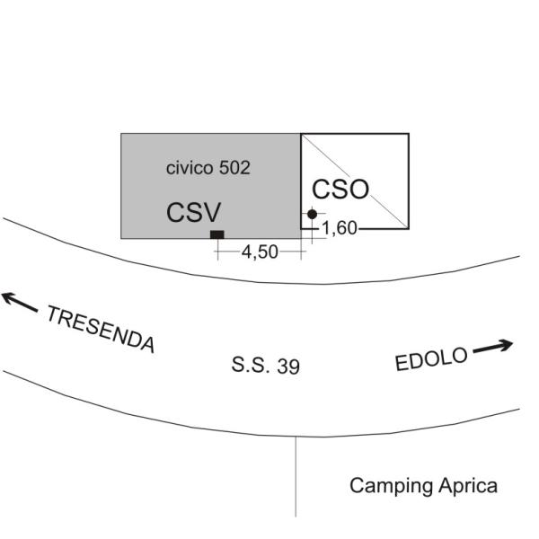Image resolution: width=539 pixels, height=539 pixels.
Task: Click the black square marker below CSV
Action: pos(217,234)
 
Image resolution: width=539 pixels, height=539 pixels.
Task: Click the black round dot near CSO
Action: pos(312,214)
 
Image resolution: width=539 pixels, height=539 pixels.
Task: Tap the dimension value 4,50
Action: pos(260,252)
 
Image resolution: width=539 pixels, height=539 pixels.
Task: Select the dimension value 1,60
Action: pos(340,228)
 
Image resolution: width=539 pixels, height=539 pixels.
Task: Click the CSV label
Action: pos(193,212)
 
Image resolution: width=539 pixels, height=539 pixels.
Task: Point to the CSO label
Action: pos(340,190)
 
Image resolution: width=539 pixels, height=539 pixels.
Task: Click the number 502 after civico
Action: pos(234,168)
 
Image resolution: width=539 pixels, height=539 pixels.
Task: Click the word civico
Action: pos(190,168)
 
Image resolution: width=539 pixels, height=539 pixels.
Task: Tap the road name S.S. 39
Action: pos(266,366)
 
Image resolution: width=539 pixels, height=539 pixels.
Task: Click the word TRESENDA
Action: pos(100,330)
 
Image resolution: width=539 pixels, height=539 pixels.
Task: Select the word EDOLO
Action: pos(431,358)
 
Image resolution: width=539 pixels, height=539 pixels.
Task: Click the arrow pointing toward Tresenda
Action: pos(20,302)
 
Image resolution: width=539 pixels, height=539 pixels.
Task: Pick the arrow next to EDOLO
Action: pos(493,347)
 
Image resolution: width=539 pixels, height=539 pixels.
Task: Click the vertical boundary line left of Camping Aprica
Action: pos(296,476)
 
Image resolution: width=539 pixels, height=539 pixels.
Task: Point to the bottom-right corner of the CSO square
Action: pos(409,228)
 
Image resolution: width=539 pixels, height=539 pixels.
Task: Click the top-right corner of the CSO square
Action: pos(409,134)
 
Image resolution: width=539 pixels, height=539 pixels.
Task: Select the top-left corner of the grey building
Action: pos(121,134)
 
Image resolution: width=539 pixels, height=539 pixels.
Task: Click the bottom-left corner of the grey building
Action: pos(121,238)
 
